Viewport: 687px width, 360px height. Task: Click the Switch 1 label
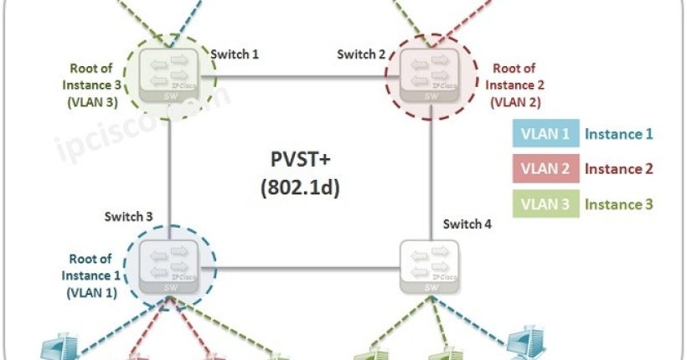click(234, 54)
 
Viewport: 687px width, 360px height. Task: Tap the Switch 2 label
click(361, 54)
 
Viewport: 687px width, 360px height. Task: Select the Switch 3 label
click(128, 217)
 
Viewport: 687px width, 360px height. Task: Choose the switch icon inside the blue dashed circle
click(171, 265)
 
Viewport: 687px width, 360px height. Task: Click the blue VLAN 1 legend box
click(545, 133)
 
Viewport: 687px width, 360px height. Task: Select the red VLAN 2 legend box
click(545, 168)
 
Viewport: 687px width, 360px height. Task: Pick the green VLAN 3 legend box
click(545, 203)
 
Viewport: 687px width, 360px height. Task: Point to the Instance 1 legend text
click(618, 133)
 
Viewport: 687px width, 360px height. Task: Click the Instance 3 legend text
click(618, 203)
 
